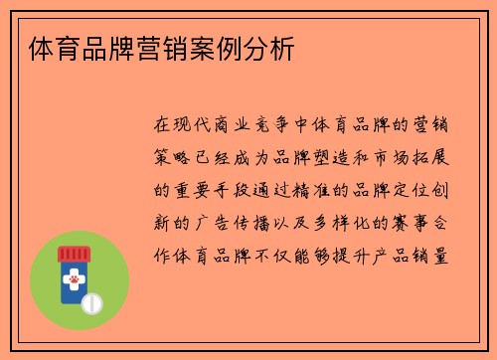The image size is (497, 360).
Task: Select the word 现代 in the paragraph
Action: point(195,125)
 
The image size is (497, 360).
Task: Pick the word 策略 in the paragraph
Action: point(174,157)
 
